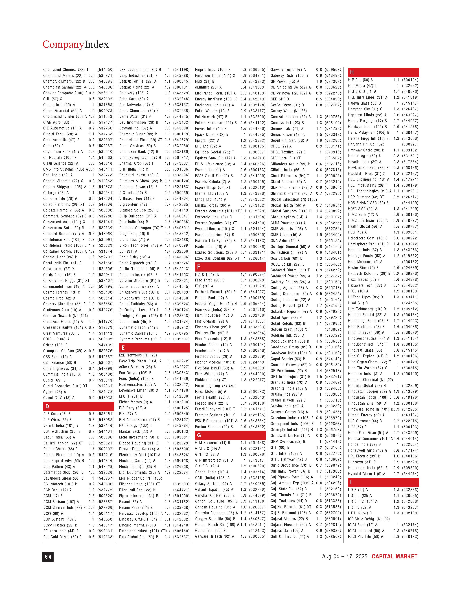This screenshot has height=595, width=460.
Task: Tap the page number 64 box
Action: [48, 557]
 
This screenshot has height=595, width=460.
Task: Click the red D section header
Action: [78, 406]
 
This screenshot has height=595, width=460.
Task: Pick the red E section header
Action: [154, 348]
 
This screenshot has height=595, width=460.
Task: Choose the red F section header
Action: [230, 267]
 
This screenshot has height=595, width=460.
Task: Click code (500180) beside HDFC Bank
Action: [410, 215]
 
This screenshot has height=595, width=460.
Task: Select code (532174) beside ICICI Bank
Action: [410, 525]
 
